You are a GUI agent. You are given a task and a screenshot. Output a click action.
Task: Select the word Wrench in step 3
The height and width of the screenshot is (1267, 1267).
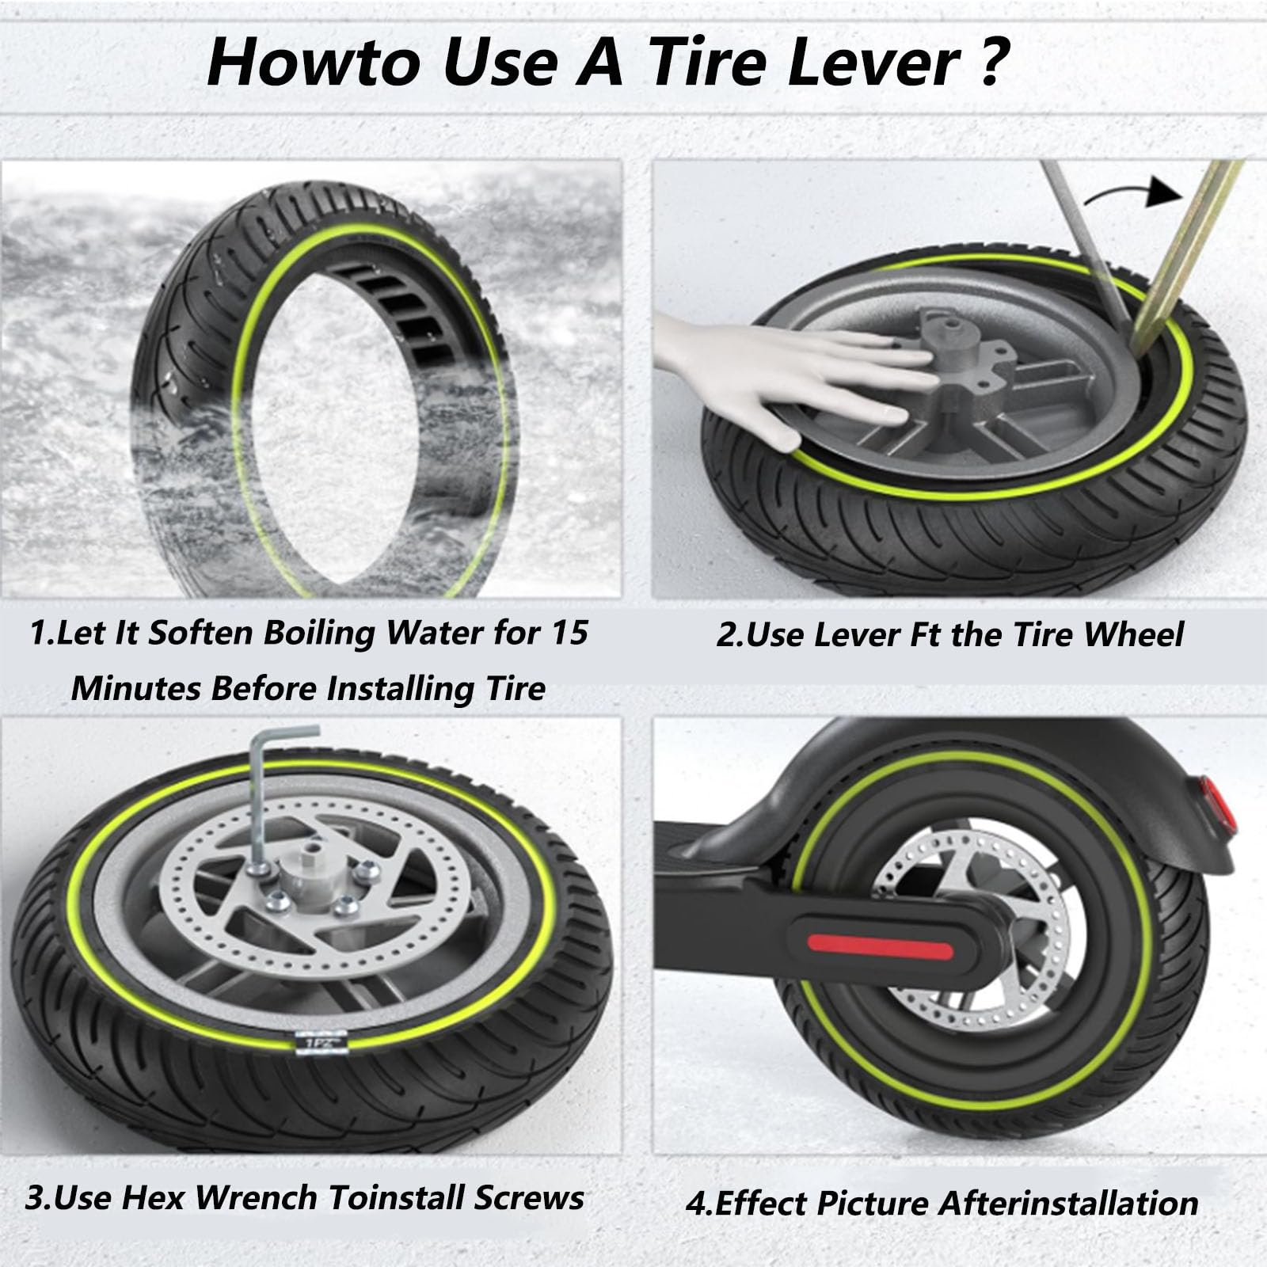point(257,1197)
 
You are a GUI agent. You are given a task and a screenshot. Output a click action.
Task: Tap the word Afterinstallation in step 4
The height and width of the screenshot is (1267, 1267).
point(1067,1203)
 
